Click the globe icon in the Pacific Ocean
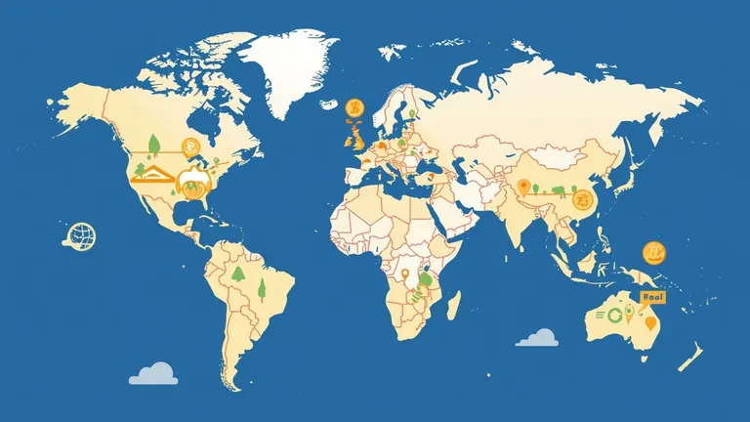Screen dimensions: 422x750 click(x=81, y=233)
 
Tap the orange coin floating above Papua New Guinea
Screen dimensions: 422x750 click(x=653, y=254)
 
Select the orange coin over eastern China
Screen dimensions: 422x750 click(x=584, y=200)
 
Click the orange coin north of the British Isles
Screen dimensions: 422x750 click(x=355, y=106)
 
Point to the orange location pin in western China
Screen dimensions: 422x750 click(x=523, y=187)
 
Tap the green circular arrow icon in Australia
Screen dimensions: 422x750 click(x=614, y=315)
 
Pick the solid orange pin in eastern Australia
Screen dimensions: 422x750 click(x=650, y=322)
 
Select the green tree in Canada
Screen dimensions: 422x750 click(x=153, y=145)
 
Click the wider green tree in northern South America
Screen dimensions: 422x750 click(x=236, y=273)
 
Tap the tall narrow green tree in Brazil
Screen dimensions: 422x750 click(x=262, y=287)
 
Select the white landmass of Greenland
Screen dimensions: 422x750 click(x=293, y=68)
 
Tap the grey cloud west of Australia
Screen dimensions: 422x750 click(x=537, y=338)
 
